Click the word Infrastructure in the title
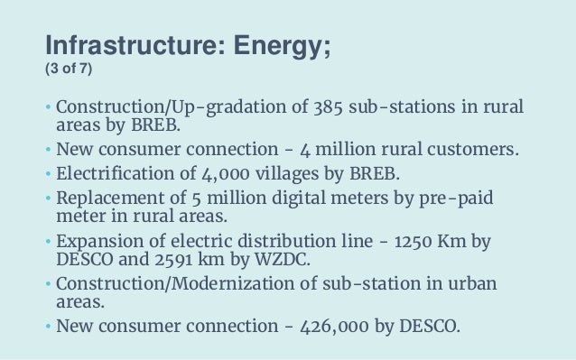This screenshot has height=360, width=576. (124, 42)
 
